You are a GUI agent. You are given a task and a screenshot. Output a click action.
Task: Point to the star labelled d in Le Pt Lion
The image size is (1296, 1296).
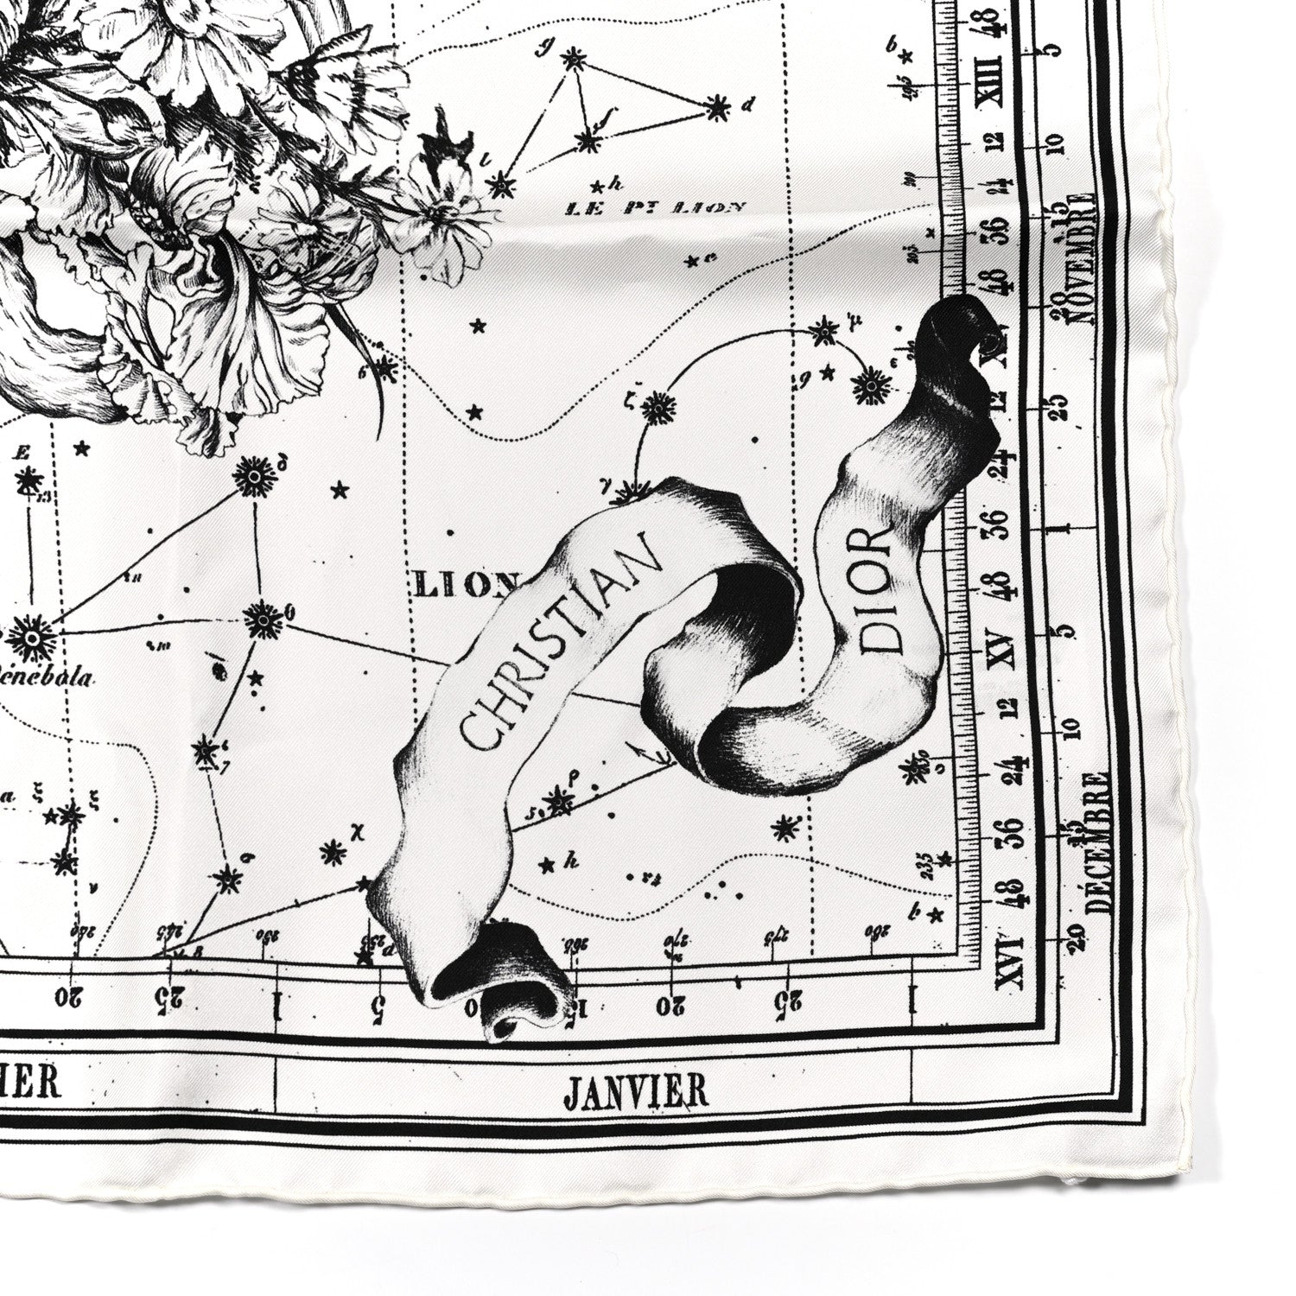pos(716,107)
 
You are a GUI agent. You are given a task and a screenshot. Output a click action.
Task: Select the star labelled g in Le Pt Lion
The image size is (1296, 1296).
pos(570,60)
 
